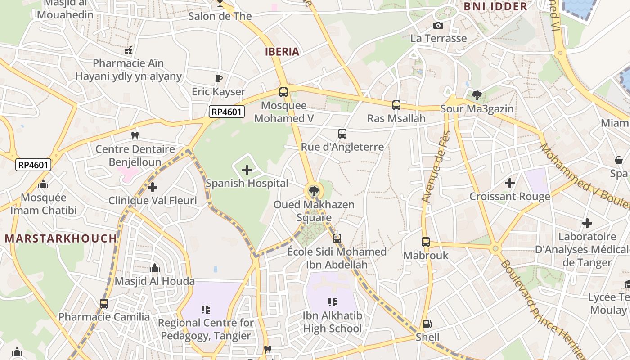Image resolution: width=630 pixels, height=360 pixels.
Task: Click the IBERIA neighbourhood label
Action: (282, 52)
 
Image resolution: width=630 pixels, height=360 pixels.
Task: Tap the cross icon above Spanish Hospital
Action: (247, 170)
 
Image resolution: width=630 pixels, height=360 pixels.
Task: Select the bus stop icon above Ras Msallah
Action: (396, 105)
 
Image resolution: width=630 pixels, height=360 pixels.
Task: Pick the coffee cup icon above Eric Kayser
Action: (219, 78)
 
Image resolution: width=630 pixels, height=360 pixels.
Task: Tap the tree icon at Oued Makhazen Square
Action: (314, 191)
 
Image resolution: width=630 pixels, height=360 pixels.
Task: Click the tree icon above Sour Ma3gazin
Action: (477, 95)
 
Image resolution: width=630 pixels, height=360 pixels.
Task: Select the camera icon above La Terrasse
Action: (438, 26)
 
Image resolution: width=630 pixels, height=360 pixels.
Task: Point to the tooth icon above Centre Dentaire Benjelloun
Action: (135, 135)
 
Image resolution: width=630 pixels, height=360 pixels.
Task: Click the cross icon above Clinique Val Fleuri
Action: (153, 187)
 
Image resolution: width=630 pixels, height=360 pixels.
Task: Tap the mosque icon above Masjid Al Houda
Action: (155, 268)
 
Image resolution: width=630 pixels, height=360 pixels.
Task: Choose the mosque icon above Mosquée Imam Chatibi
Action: (43, 184)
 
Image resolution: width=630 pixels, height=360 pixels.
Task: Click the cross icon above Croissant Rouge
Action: (509, 183)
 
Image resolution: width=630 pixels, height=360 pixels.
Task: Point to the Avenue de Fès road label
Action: (435, 166)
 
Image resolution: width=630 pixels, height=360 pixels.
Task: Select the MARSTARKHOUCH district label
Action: (61, 238)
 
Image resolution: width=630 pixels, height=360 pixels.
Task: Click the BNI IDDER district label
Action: (495, 6)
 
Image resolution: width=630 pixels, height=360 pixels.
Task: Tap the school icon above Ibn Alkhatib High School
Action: (333, 302)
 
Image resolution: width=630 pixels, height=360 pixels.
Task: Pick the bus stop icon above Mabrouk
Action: (426, 242)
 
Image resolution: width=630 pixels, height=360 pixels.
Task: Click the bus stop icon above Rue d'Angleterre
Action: (342, 134)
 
